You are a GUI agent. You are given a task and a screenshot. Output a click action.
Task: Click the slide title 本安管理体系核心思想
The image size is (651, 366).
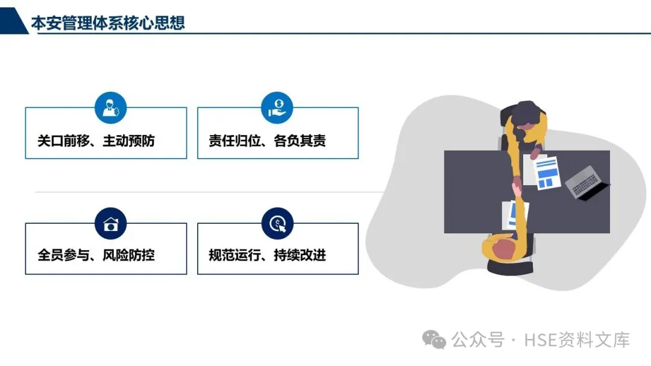click(108, 23)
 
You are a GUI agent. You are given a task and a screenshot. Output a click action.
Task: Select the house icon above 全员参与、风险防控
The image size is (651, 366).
click(110, 224)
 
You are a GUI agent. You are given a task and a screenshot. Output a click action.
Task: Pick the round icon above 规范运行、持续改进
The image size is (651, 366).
click(277, 224)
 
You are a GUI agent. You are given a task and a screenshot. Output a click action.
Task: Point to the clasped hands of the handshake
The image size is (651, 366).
click(517, 184)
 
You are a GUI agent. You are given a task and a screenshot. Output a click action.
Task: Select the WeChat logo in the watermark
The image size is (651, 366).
click(434, 339)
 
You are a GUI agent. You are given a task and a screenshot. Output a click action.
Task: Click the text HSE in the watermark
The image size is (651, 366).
click(539, 340)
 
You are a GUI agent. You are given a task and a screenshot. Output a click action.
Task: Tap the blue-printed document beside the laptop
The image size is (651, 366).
click(547, 171)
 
